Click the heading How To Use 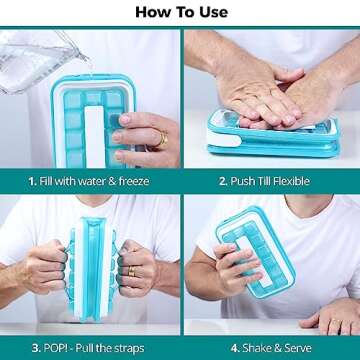(180, 12)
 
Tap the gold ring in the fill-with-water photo (161, 139)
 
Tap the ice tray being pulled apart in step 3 (89, 265)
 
